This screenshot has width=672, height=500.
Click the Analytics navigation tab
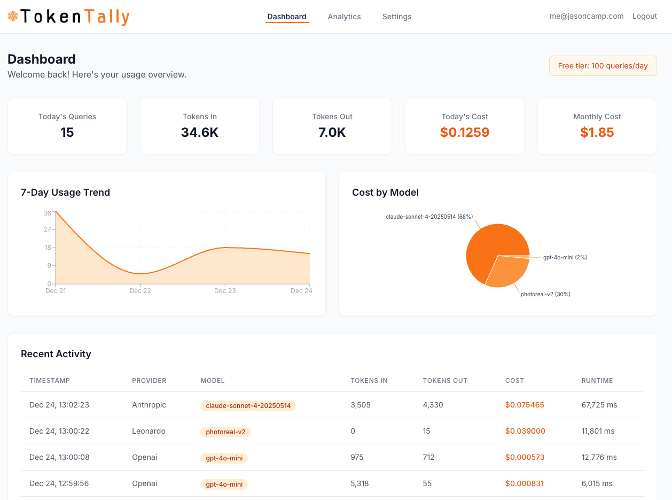[x=344, y=17]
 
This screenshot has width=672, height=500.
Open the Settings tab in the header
[x=396, y=17]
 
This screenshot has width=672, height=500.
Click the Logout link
[x=644, y=16]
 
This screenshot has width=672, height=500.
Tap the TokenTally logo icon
[x=13, y=17]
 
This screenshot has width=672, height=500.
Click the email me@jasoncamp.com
[x=586, y=16]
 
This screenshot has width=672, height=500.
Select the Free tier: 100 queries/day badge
[x=603, y=66]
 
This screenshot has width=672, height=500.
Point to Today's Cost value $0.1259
[x=464, y=133]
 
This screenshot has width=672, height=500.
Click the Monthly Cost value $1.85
[x=597, y=133]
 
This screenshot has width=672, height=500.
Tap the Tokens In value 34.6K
[x=199, y=133]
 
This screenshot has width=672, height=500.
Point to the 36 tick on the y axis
[x=48, y=213]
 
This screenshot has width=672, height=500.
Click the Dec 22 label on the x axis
[x=140, y=291]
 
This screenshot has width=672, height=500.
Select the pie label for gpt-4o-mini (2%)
[x=565, y=257]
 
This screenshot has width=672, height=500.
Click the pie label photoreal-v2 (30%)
[x=545, y=294]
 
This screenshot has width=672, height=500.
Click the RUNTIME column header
[x=597, y=381]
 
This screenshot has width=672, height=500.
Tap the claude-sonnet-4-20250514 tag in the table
[x=248, y=406]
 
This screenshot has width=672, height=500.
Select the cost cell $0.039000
[x=525, y=431]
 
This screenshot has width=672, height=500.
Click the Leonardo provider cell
[x=149, y=431]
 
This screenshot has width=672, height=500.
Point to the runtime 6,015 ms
[x=597, y=483]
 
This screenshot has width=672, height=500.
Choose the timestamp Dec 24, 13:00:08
[x=59, y=457]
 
